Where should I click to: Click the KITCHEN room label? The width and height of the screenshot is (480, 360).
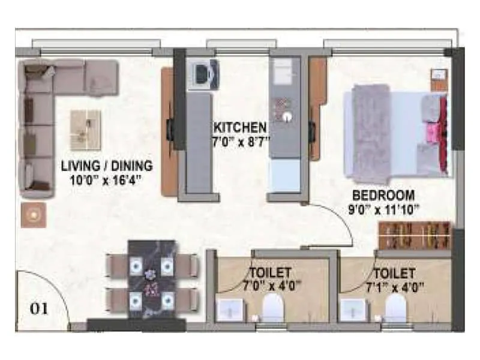[240, 128]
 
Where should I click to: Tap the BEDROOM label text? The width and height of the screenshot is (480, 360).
[383, 195]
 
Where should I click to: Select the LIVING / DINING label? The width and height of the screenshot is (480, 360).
[107, 166]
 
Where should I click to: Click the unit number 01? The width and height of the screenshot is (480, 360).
[40, 309]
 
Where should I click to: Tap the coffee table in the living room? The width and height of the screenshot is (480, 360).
[85, 130]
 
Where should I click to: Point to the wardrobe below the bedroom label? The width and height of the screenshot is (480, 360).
[415, 235]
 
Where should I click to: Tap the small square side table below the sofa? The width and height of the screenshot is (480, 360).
[34, 214]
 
